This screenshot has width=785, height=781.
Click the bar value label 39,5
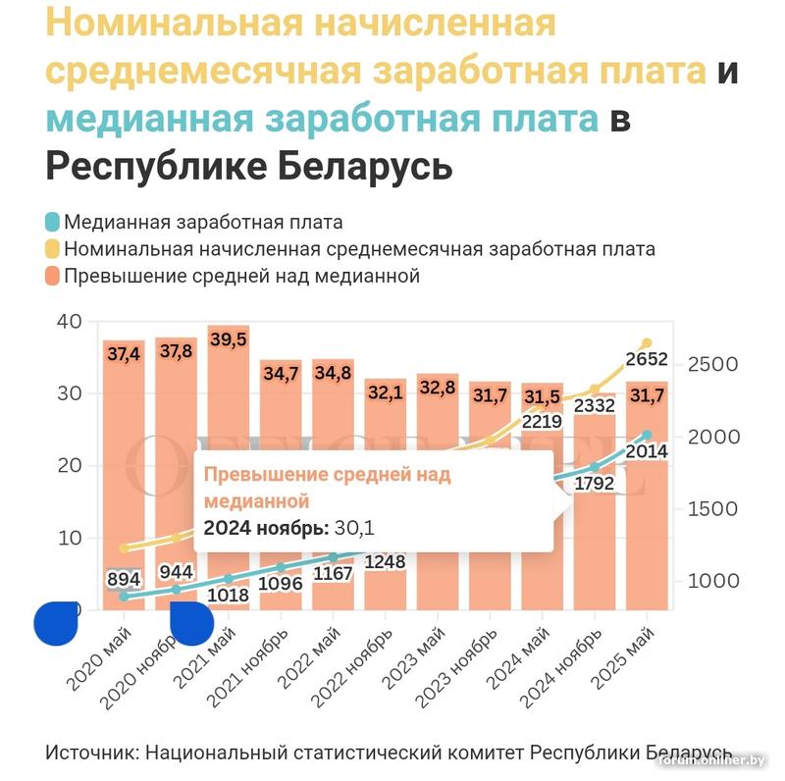pyautogui.click(x=229, y=338)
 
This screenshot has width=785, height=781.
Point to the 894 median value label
pyautogui.click(x=124, y=580)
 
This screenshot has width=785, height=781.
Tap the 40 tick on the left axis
pyautogui.click(x=71, y=322)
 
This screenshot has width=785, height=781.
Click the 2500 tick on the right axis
pyautogui.click(x=711, y=364)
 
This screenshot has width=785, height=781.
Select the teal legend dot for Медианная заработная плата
pyautogui.click(x=53, y=222)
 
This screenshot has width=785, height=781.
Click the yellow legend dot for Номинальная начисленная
pyautogui.click(x=53, y=249)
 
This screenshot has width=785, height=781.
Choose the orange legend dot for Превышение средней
pyautogui.click(x=53, y=276)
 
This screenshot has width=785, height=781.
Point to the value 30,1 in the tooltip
pyautogui.click(x=355, y=529)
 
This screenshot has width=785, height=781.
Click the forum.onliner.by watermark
pyautogui.click(x=710, y=759)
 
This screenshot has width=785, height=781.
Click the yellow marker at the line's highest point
pyautogui.click(x=646, y=342)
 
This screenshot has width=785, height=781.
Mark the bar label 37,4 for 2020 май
pyautogui.click(x=124, y=354)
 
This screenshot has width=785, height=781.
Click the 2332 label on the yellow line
pyautogui.click(x=594, y=404)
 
